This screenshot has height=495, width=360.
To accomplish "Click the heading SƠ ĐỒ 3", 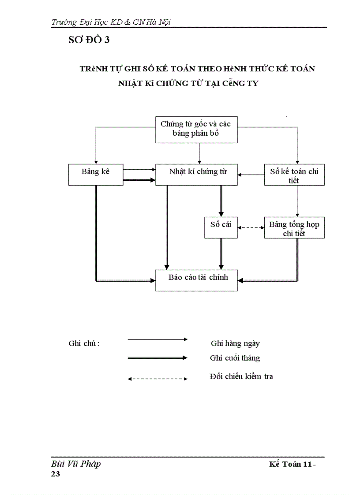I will coord(89,40).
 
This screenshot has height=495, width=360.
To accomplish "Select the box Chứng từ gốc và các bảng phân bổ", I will coord(196,129).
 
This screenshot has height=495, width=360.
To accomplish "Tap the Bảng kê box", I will coord(95,175).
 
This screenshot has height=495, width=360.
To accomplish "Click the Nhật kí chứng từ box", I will coord(196,175).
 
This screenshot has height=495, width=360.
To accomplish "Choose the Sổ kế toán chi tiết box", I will coord(294,175).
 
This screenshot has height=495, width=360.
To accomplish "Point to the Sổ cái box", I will coord(221,227).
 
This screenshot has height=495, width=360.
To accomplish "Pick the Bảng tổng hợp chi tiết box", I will coord(294,228).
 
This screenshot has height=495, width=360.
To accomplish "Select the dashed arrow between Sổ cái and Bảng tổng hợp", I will coord(251,227).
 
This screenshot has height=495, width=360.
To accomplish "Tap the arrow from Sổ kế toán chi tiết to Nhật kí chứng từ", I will coord(251,175).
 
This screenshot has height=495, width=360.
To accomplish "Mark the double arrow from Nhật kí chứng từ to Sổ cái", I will coord(221,201).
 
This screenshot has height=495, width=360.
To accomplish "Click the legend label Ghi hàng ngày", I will coord(238,343).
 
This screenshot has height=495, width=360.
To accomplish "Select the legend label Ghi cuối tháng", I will coord(235,358).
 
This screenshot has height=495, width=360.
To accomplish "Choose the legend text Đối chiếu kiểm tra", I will coord(241,376).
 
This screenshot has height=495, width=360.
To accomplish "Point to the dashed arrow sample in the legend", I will coord(157,379).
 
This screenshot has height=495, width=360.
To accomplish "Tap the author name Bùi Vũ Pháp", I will coord(76,464).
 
